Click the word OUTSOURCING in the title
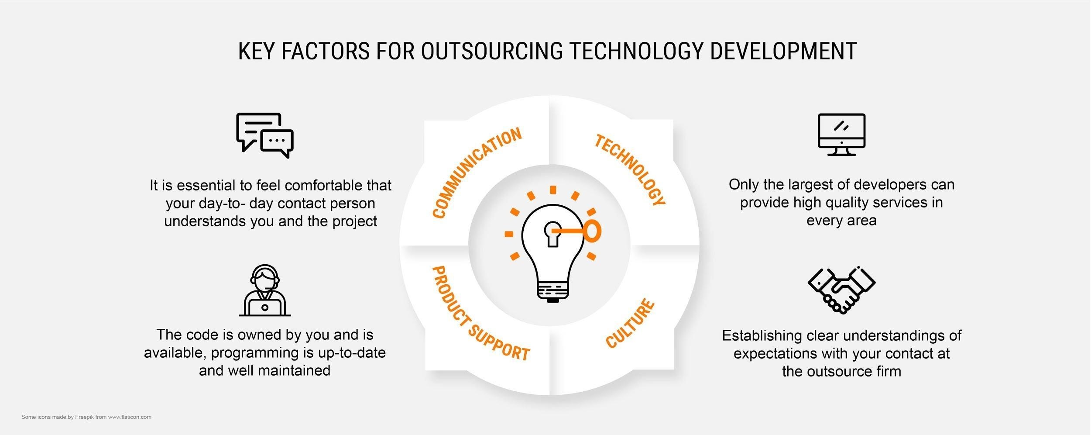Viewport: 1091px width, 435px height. point(492,51)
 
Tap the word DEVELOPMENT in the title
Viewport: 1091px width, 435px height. point(783,51)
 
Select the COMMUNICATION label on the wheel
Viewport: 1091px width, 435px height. point(477,173)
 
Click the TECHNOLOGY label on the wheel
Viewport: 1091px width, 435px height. point(630,170)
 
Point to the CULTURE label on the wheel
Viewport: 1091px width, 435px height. point(630,324)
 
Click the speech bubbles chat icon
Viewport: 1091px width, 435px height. point(265,135)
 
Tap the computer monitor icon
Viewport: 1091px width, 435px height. point(841,135)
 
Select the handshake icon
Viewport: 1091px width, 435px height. point(841,290)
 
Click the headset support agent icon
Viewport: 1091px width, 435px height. point(265,290)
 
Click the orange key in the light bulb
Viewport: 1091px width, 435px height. point(577,231)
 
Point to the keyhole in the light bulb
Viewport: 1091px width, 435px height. point(552,234)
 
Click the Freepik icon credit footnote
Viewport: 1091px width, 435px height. point(86,417)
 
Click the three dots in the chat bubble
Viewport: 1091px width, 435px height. point(277,140)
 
